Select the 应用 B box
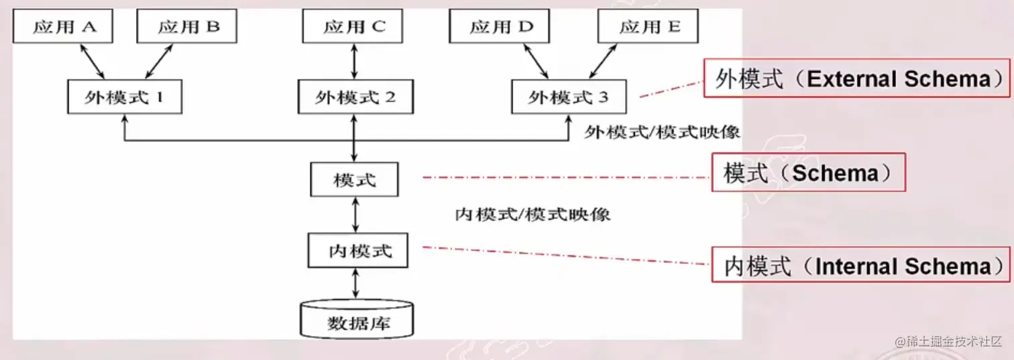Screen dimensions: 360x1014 (x=188, y=27)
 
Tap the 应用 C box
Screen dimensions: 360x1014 (x=353, y=27)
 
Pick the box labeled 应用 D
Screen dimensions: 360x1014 (x=500, y=27)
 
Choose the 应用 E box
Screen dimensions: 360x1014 (x=649, y=27)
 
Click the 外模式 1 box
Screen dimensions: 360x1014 (x=125, y=97)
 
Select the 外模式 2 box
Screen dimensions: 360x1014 (x=355, y=97)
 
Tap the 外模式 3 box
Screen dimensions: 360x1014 (x=569, y=97)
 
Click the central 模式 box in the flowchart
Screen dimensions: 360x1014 (x=354, y=180)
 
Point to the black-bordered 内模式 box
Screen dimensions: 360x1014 (x=359, y=251)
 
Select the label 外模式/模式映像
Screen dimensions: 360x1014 (x=662, y=132)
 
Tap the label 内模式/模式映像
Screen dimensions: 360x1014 (x=532, y=215)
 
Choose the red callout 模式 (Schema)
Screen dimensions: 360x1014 (x=808, y=173)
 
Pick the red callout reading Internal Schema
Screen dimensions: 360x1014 (x=860, y=265)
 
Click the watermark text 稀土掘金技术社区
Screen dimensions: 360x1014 (x=947, y=341)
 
